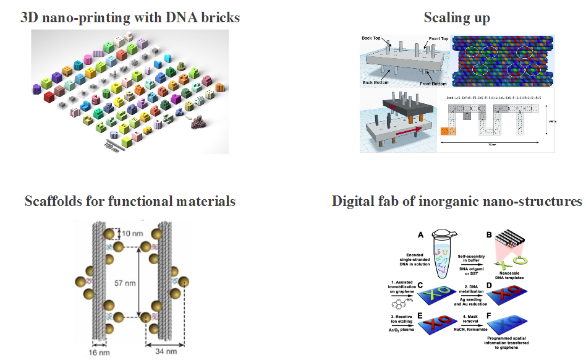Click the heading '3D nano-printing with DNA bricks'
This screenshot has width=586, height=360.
point(130,17)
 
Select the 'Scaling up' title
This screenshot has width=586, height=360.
point(456,17)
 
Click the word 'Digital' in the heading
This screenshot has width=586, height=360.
point(354,201)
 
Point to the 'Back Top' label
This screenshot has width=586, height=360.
point(373,38)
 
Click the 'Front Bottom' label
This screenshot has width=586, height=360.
point(433,83)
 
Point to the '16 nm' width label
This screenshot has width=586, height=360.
point(95,353)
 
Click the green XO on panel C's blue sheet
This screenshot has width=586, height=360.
point(455,294)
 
